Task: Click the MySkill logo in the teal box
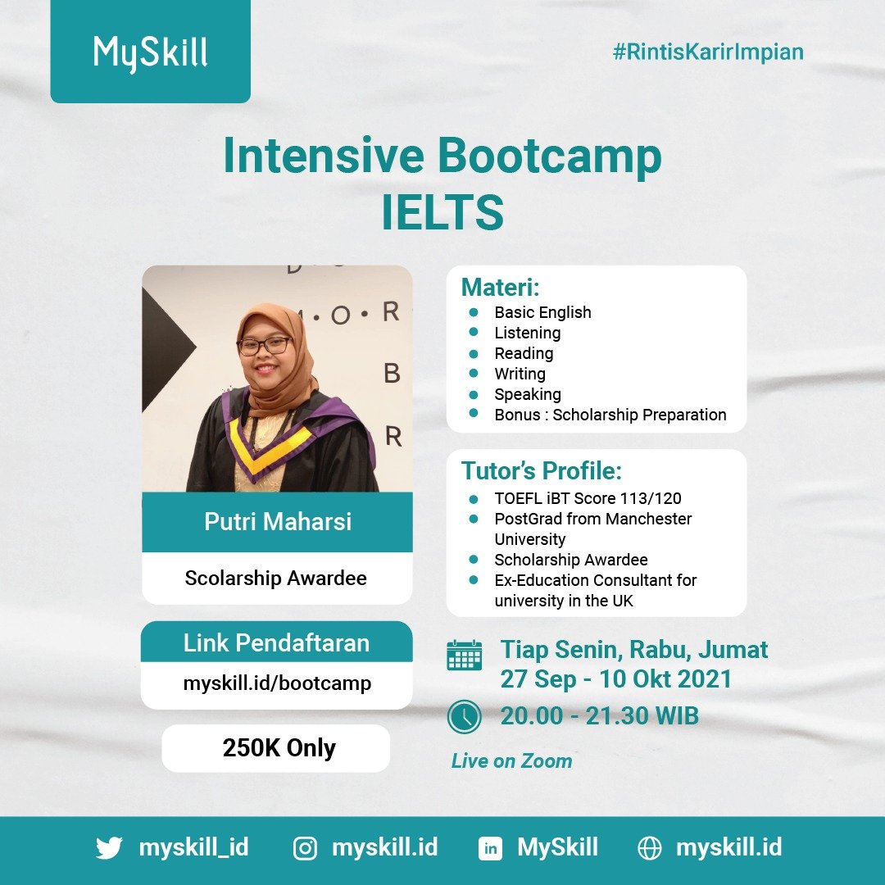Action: coord(150,54)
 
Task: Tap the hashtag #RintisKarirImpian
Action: coord(708,52)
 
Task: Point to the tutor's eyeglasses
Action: coord(264,345)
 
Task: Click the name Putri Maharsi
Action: coord(277,522)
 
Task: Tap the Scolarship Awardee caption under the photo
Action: coord(276,578)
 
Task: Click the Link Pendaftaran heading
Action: coord(276,643)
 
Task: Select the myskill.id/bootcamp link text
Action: coord(277,683)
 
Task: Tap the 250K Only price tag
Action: coord(279,748)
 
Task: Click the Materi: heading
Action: coord(501,288)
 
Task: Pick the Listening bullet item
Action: coord(527,333)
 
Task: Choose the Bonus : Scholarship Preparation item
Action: coord(610,415)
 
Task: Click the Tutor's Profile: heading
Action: coord(542,471)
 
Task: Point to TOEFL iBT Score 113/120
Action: coord(588,498)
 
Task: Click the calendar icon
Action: coord(464,656)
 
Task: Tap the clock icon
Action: coord(464,717)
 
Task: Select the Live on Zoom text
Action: coord(511,761)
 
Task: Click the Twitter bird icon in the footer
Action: coord(109,847)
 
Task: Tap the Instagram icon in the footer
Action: coord(305,848)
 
